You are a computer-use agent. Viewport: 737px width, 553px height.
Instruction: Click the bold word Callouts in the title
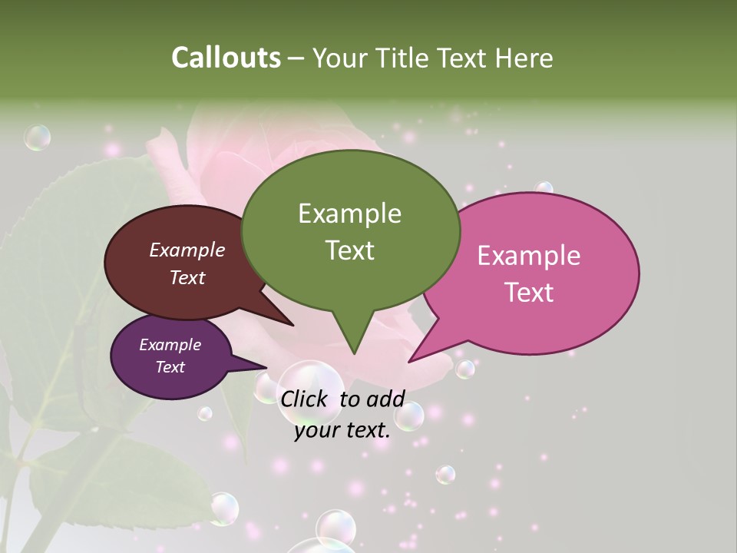point(226,58)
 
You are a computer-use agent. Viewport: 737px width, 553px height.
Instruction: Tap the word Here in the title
point(524,58)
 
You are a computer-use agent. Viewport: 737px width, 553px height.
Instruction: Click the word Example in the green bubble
point(349,214)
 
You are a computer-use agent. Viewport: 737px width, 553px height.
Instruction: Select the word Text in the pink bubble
point(529,293)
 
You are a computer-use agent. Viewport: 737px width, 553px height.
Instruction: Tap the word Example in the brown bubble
point(187,250)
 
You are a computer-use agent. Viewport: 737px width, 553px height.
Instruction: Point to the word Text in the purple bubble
point(170,367)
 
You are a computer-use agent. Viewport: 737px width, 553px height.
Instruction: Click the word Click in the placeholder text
point(305,399)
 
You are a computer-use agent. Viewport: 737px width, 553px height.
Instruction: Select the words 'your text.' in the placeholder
point(342,430)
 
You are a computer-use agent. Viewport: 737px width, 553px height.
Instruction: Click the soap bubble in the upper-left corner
point(37,137)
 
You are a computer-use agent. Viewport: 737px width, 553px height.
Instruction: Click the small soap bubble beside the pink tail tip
point(465,369)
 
